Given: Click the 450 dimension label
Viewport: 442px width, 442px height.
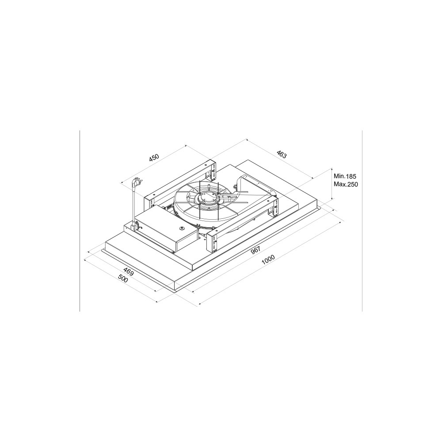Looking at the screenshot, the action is (154, 158).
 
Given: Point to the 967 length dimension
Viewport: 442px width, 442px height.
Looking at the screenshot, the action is (255, 251).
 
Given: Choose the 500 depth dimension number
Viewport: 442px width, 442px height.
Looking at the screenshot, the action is (123, 279).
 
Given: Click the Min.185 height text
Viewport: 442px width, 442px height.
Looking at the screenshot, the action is (345, 176).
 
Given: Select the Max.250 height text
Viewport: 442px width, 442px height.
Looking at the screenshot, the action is (346, 184).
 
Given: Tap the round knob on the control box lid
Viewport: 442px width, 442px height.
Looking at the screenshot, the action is (183, 228).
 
